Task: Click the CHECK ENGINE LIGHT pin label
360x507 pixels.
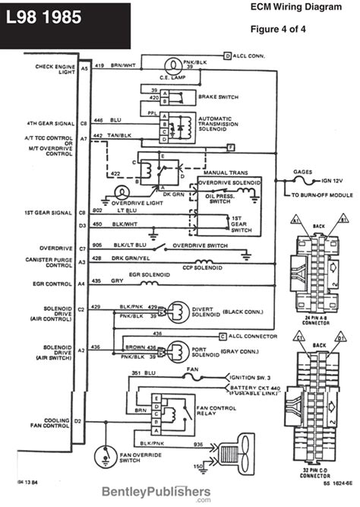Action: [53, 70]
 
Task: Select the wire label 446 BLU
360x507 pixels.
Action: [106, 120]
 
